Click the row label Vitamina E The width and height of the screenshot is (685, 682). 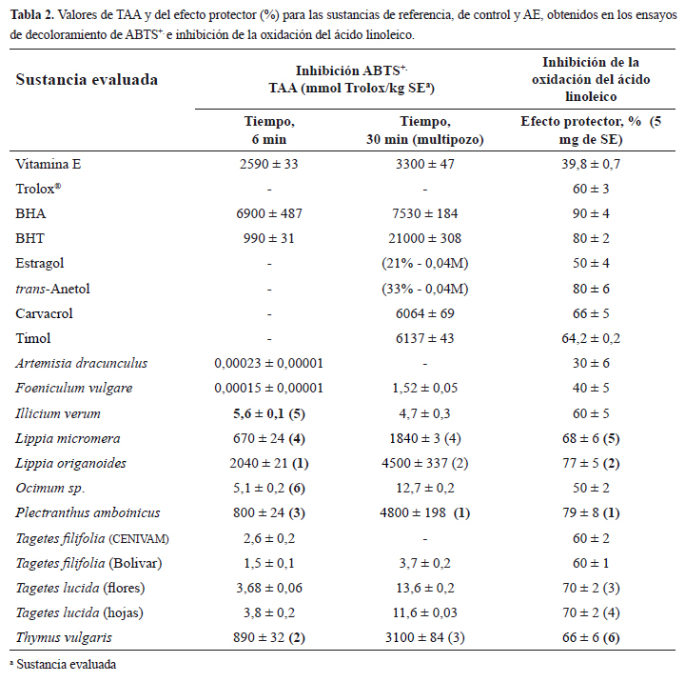coord(48,165)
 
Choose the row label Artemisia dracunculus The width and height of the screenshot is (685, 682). coord(81,363)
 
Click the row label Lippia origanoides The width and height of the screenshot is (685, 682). coord(71,462)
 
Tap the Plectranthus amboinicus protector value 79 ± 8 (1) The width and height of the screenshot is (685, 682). coord(597,511)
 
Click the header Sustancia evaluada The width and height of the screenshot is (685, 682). coord(87,78)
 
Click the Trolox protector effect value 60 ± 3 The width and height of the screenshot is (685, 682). coord(597,190)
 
